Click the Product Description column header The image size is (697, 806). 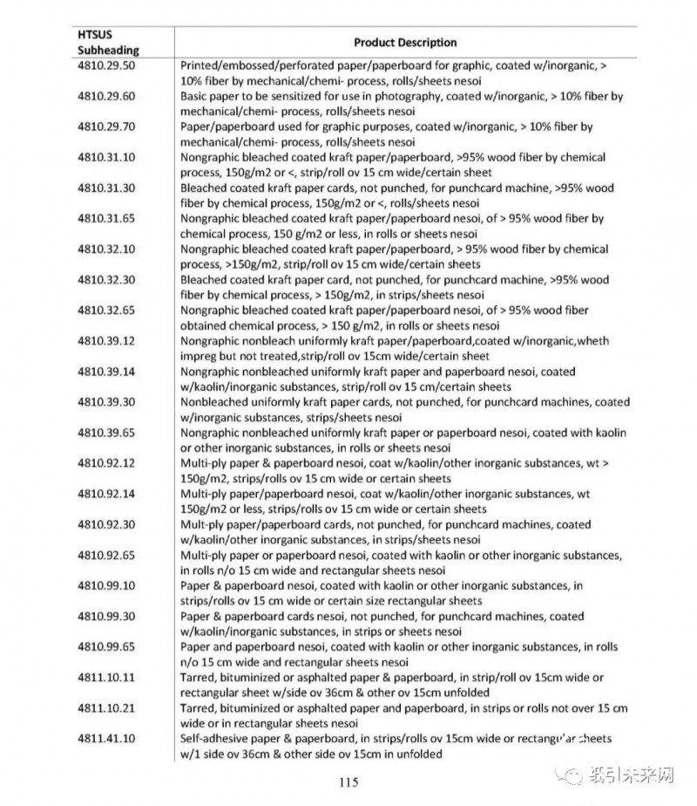405,42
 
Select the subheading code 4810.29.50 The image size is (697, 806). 106,65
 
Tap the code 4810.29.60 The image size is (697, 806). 106,96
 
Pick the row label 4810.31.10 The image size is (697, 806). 106,158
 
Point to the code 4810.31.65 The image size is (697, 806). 106,219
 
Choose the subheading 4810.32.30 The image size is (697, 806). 106,280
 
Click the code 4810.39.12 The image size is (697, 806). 106,341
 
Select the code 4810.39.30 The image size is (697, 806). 106,402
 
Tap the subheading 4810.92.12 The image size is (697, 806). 106,463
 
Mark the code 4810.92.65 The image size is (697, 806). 106,556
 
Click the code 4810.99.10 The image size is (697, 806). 106,586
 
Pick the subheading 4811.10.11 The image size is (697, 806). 106,678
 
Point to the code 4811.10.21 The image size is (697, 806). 106,708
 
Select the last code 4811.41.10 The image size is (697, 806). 106,739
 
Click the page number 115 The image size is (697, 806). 348,782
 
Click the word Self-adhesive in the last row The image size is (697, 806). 210,739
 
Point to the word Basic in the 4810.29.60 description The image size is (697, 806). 195,96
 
